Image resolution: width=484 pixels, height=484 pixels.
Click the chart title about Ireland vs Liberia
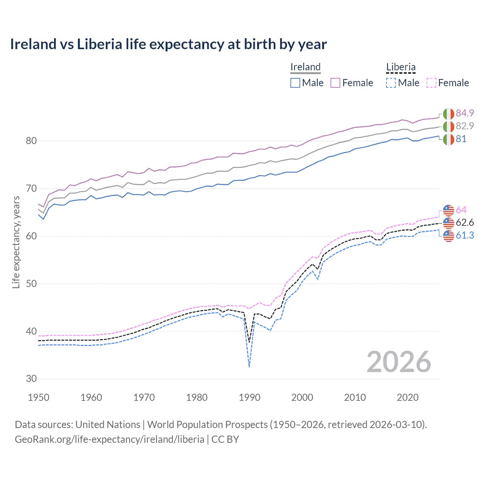(168, 44)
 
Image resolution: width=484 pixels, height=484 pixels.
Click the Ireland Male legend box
(295, 83)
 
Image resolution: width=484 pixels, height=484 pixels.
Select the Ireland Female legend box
(335, 83)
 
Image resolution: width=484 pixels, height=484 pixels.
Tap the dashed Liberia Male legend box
(391, 83)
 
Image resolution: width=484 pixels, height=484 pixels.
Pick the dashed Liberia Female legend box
(431, 83)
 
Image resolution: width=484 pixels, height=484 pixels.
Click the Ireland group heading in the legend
(306, 67)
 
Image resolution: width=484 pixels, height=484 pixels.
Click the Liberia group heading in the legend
(401, 67)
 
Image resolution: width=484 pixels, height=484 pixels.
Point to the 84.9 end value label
(465, 113)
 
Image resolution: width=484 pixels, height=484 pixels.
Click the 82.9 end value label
(465, 126)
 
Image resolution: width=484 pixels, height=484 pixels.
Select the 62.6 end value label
(465, 222)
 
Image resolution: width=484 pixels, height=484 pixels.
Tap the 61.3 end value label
(465, 235)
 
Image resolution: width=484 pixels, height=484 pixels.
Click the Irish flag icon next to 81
(448, 139)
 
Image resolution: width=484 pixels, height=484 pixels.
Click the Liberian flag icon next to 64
(448, 210)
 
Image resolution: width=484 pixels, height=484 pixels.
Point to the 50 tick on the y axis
(31, 284)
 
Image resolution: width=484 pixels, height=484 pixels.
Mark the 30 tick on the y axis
(31, 379)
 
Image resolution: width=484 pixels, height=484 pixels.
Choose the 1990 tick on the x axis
(250, 397)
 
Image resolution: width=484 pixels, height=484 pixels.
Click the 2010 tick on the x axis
(355, 397)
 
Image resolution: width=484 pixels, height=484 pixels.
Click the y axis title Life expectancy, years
(16, 242)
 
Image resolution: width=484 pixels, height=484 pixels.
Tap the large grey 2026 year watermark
(399, 362)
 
